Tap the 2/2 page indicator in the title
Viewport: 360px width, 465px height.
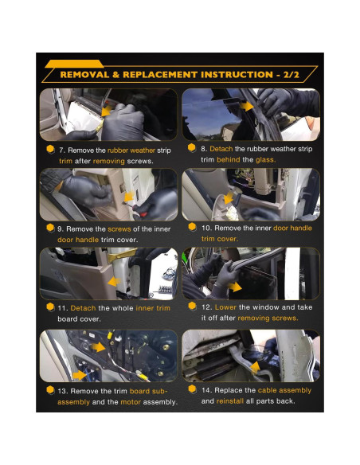[x=291, y=74]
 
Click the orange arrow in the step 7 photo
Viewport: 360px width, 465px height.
[x=106, y=111]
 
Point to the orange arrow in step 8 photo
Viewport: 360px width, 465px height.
[x=246, y=107]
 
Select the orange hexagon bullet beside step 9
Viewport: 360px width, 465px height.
[x=50, y=228]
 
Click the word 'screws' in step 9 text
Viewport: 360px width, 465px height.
[x=119, y=229]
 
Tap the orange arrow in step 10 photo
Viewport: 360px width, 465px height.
[x=229, y=198]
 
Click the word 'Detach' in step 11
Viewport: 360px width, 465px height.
[x=83, y=308]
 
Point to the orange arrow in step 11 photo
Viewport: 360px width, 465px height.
[x=114, y=281]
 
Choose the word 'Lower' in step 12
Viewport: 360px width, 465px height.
[x=225, y=307]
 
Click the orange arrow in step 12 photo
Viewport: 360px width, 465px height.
[x=235, y=287]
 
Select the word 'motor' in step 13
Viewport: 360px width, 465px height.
[x=131, y=402]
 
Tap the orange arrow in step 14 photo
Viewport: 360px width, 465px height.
[x=256, y=367]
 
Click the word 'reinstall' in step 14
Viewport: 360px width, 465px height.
[x=230, y=401]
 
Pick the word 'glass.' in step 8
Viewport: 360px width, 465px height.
[x=266, y=160]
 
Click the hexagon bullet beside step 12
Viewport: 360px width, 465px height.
[x=192, y=306]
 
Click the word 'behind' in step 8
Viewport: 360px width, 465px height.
[x=229, y=160]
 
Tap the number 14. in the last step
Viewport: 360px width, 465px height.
[x=206, y=390]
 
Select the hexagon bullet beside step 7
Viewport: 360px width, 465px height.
[x=50, y=149]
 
